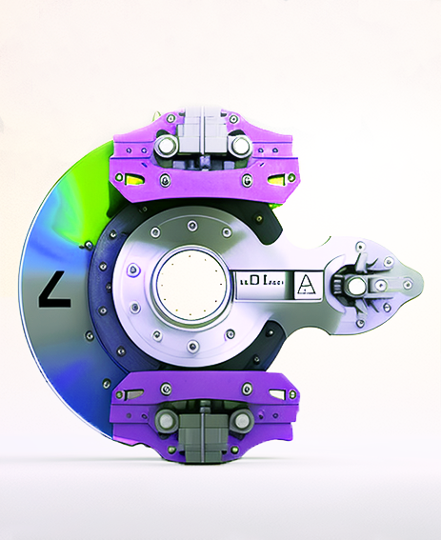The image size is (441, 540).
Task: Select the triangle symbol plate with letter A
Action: (x=307, y=284)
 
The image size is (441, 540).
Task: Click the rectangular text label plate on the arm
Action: (x=260, y=283)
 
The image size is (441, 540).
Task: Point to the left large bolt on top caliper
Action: (x=167, y=146)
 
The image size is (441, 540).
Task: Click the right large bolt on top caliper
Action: (x=239, y=146)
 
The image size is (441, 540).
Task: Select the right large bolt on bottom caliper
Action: (x=239, y=420)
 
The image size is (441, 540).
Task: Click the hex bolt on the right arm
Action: (x=356, y=285)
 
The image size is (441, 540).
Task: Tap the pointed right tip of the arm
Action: (x=417, y=283)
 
